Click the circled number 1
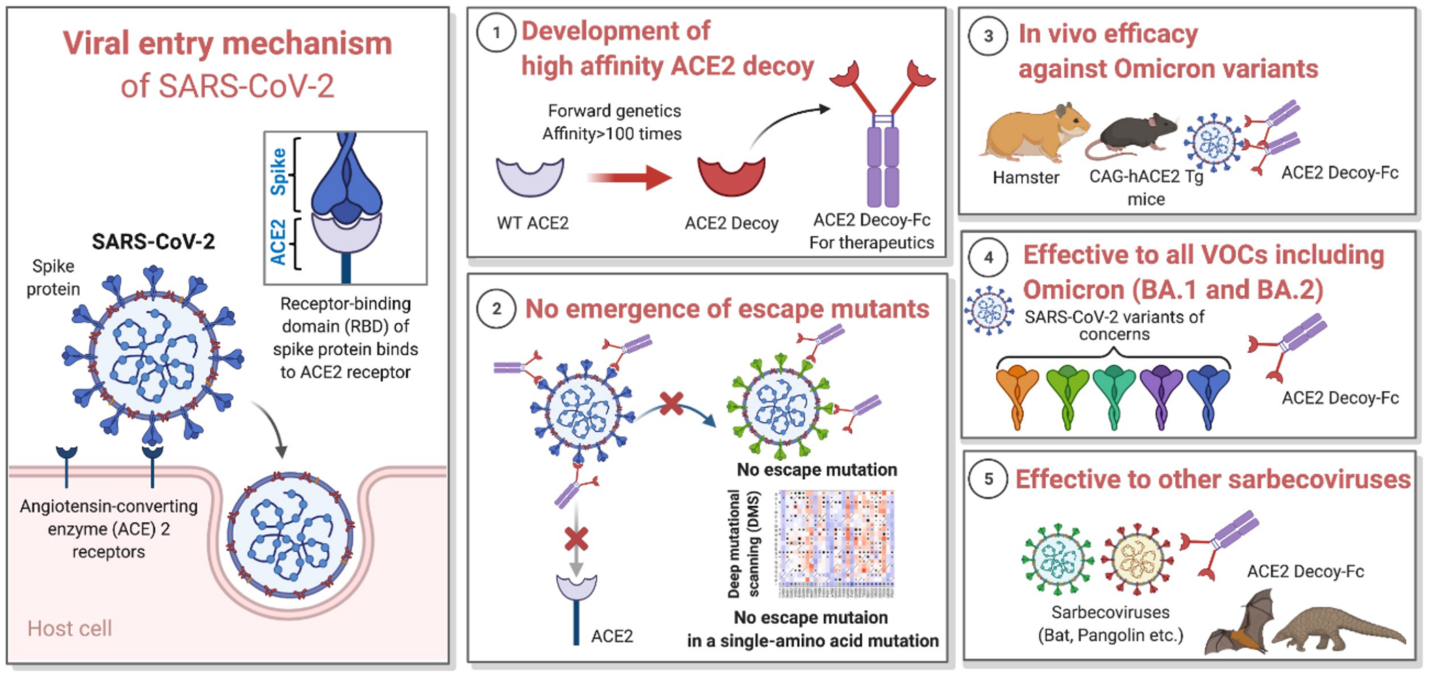click(x=496, y=33)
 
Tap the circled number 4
click(x=988, y=258)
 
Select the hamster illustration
click(x=1032, y=132)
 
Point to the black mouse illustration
click(x=1134, y=132)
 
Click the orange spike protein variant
click(x=1016, y=395)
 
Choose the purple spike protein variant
click(x=1160, y=395)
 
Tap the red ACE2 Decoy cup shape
click(x=731, y=176)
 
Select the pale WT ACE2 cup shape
click(x=530, y=177)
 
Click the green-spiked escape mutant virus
click(x=781, y=407)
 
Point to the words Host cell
click(x=69, y=629)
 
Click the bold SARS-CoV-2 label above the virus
click(x=153, y=241)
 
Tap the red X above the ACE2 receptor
click(x=576, y=539)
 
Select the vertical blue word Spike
click(x=278, y=172)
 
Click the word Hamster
click(x=1025, y=178)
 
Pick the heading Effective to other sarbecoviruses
click(x=1213, y=479)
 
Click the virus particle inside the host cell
click(x=290, y=535)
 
